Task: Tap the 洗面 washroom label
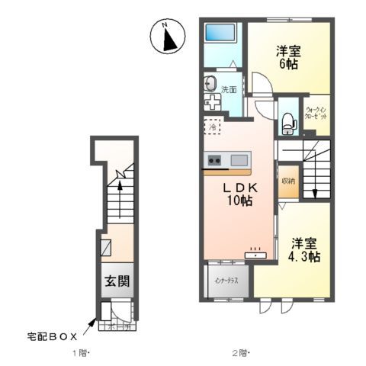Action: click(x=228, y=90)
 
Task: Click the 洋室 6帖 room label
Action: click(x=287, y=58)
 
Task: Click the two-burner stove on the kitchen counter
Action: click(x=213, y=160)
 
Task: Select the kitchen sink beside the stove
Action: click(x=239, y=160)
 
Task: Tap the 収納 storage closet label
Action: click(x=287, y=181)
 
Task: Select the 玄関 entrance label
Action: click(x=116, y=281)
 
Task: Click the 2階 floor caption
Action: click(x=239, y=353)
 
